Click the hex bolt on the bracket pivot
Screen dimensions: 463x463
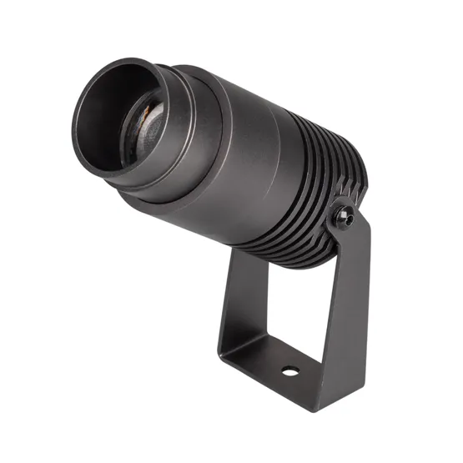[x=343, y=215]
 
